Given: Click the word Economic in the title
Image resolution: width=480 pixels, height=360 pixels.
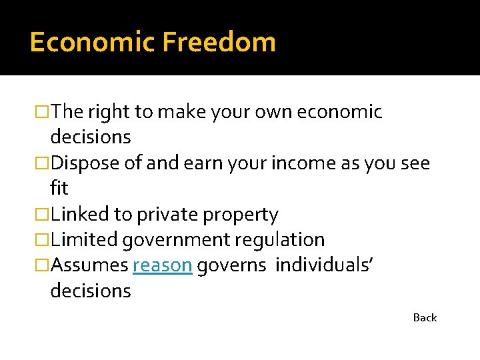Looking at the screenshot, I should (91, 42).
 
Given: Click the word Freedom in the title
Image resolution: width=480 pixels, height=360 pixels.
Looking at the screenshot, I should (219, 42).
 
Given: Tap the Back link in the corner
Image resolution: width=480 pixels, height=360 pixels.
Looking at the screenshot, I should (425, 318).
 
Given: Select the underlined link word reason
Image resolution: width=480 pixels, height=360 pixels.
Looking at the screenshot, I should (163, 265).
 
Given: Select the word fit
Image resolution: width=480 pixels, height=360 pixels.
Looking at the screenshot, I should (59, 189).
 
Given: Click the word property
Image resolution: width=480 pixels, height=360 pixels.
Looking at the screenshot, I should (242, 215).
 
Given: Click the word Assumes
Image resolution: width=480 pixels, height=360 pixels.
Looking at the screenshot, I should (89, 265).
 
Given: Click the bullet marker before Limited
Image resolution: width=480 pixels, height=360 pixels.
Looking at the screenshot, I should (44, 240).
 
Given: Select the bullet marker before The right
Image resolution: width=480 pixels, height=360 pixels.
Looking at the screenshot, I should (44, 112).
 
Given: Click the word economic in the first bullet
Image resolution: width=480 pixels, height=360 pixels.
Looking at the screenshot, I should (339, 112).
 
